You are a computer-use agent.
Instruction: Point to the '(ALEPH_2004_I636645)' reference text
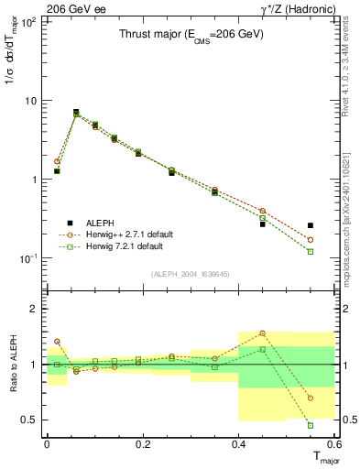click(x=191, y=272)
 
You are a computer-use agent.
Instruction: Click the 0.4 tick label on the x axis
click(x=238, y=443)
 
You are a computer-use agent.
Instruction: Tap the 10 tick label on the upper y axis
click(x=30, y=101)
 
